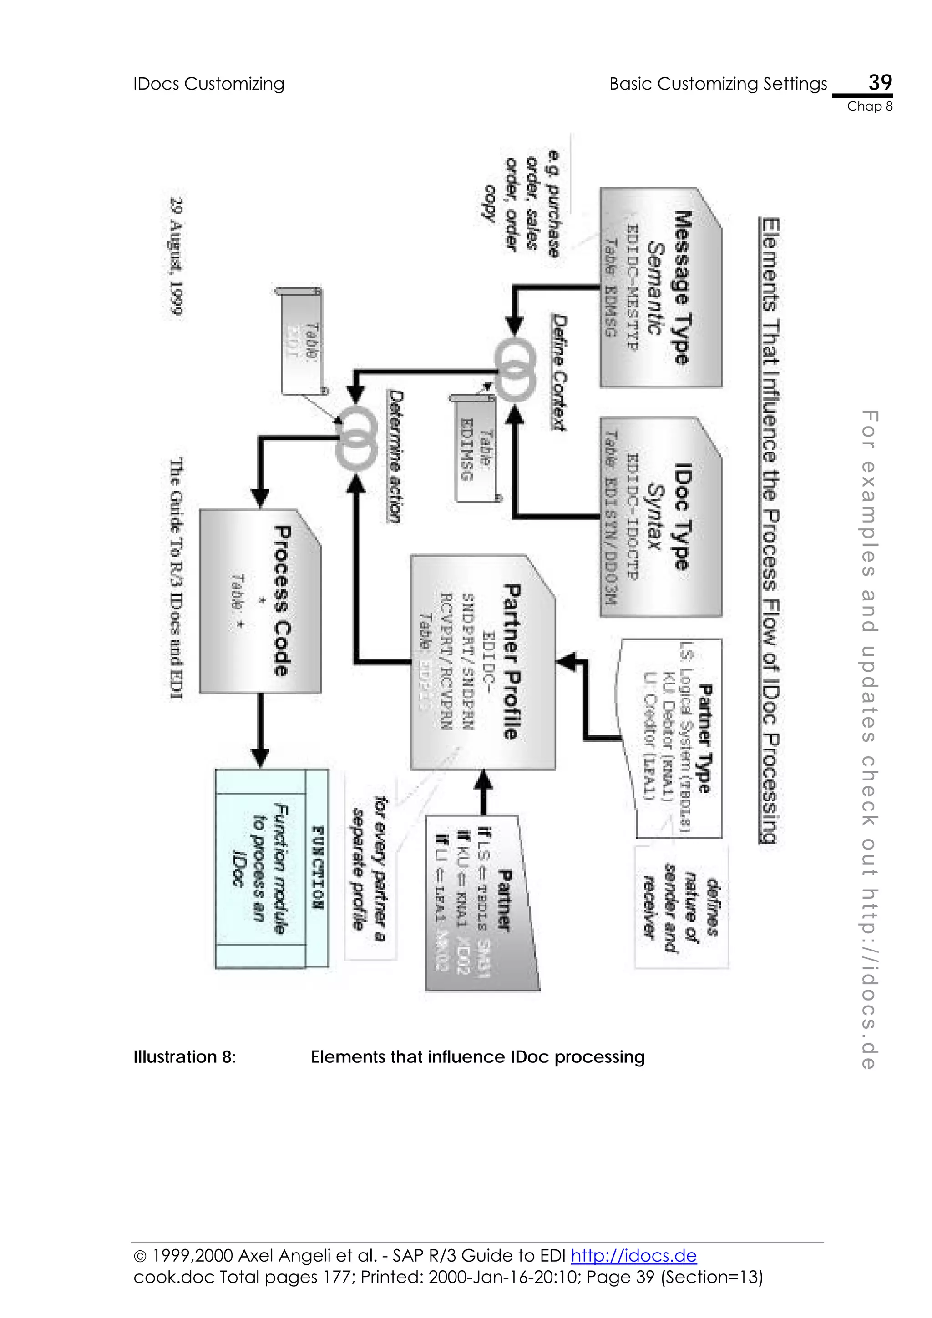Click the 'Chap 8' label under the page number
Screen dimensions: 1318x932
click(x=869, y=106)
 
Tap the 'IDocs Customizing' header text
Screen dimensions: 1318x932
click(x=208, y=84)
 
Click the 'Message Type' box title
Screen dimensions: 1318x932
click(x=682, y=287)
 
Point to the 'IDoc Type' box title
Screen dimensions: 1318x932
click(x=682, y=517)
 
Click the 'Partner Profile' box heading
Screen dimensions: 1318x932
click(x=511, y=661)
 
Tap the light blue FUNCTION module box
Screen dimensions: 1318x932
click(x=271, y=869)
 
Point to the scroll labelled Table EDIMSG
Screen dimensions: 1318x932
click(x=476, y=448)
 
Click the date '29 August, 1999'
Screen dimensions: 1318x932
click(x=176, y=256)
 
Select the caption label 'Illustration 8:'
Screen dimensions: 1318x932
click(x=184, y=1057)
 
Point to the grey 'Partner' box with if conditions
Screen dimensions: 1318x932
click(x=482, y=902)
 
